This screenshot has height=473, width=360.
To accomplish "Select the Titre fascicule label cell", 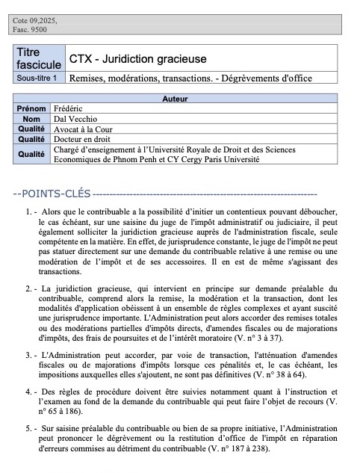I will click(x=40, y=58).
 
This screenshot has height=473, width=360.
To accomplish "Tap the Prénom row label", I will click(x=31, y=109).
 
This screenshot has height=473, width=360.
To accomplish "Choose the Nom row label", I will click(x=31, y=119).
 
